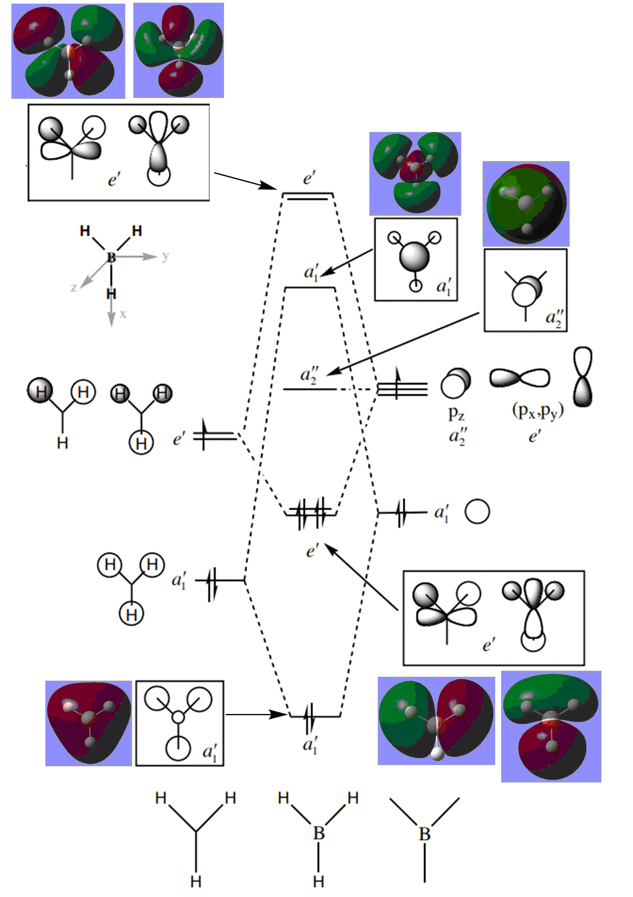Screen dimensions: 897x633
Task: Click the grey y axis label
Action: (165, 256)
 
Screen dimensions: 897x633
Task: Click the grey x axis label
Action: (123, 314)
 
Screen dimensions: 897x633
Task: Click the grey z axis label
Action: (73, 288)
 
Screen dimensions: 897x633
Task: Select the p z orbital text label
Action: (456, 413)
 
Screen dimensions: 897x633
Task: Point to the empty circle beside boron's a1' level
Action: (477, 511)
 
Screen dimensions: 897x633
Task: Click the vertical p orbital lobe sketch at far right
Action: (582, 377)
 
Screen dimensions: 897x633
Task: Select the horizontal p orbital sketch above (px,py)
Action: (520, 378)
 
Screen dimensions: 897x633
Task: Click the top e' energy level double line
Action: (308, 196)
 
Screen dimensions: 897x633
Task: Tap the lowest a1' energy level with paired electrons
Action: (315, 716)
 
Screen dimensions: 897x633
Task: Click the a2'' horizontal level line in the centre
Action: (310, 389)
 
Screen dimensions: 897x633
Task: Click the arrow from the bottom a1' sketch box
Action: (256, 715)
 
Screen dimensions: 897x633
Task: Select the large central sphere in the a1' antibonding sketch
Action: (414, 257)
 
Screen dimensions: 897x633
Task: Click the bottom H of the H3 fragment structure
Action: (196, 881)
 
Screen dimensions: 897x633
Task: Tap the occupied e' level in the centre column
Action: (311, 513)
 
